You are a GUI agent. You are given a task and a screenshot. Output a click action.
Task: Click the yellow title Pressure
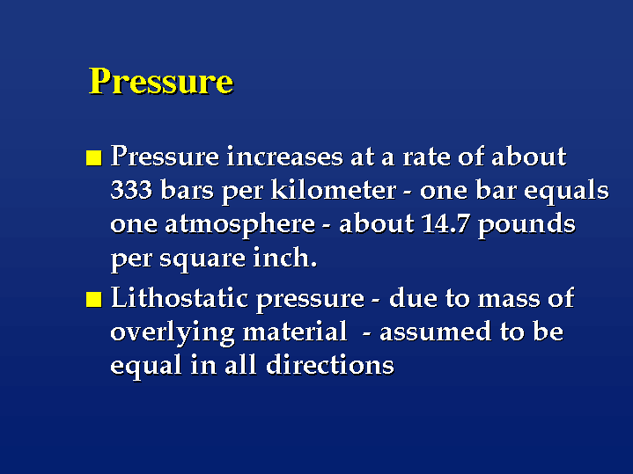pos(161,81)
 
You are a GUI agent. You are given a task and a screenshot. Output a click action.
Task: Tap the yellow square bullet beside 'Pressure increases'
pos(93,157)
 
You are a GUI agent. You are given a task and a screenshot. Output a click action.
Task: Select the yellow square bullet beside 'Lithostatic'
pos(93,300)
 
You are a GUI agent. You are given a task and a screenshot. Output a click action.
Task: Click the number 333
pos(131,190)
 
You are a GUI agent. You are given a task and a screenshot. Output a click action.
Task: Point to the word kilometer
pos(334,189)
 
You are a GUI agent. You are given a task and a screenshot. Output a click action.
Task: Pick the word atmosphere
pos(239,225)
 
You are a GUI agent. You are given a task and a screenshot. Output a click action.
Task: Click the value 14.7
pos(445,223)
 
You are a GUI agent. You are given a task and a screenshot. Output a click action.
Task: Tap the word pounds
pos(526,225)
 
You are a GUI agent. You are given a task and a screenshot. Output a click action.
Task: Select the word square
pos(202,259)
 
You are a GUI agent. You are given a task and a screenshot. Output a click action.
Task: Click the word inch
pos(285,258)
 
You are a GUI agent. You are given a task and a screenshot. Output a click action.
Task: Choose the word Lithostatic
pos(180,298)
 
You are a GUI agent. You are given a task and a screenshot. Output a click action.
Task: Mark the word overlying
pos(172,333)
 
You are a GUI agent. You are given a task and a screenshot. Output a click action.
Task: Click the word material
pos(295,332)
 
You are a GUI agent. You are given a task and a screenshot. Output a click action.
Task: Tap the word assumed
pos(435,332)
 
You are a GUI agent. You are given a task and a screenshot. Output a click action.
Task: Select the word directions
pos(330,366)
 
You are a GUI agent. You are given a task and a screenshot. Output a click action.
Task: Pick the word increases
pos(284,157)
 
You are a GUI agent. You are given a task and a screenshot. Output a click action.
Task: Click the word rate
pos(426,157)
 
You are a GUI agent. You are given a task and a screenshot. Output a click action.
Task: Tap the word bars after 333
pos(187,189)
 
